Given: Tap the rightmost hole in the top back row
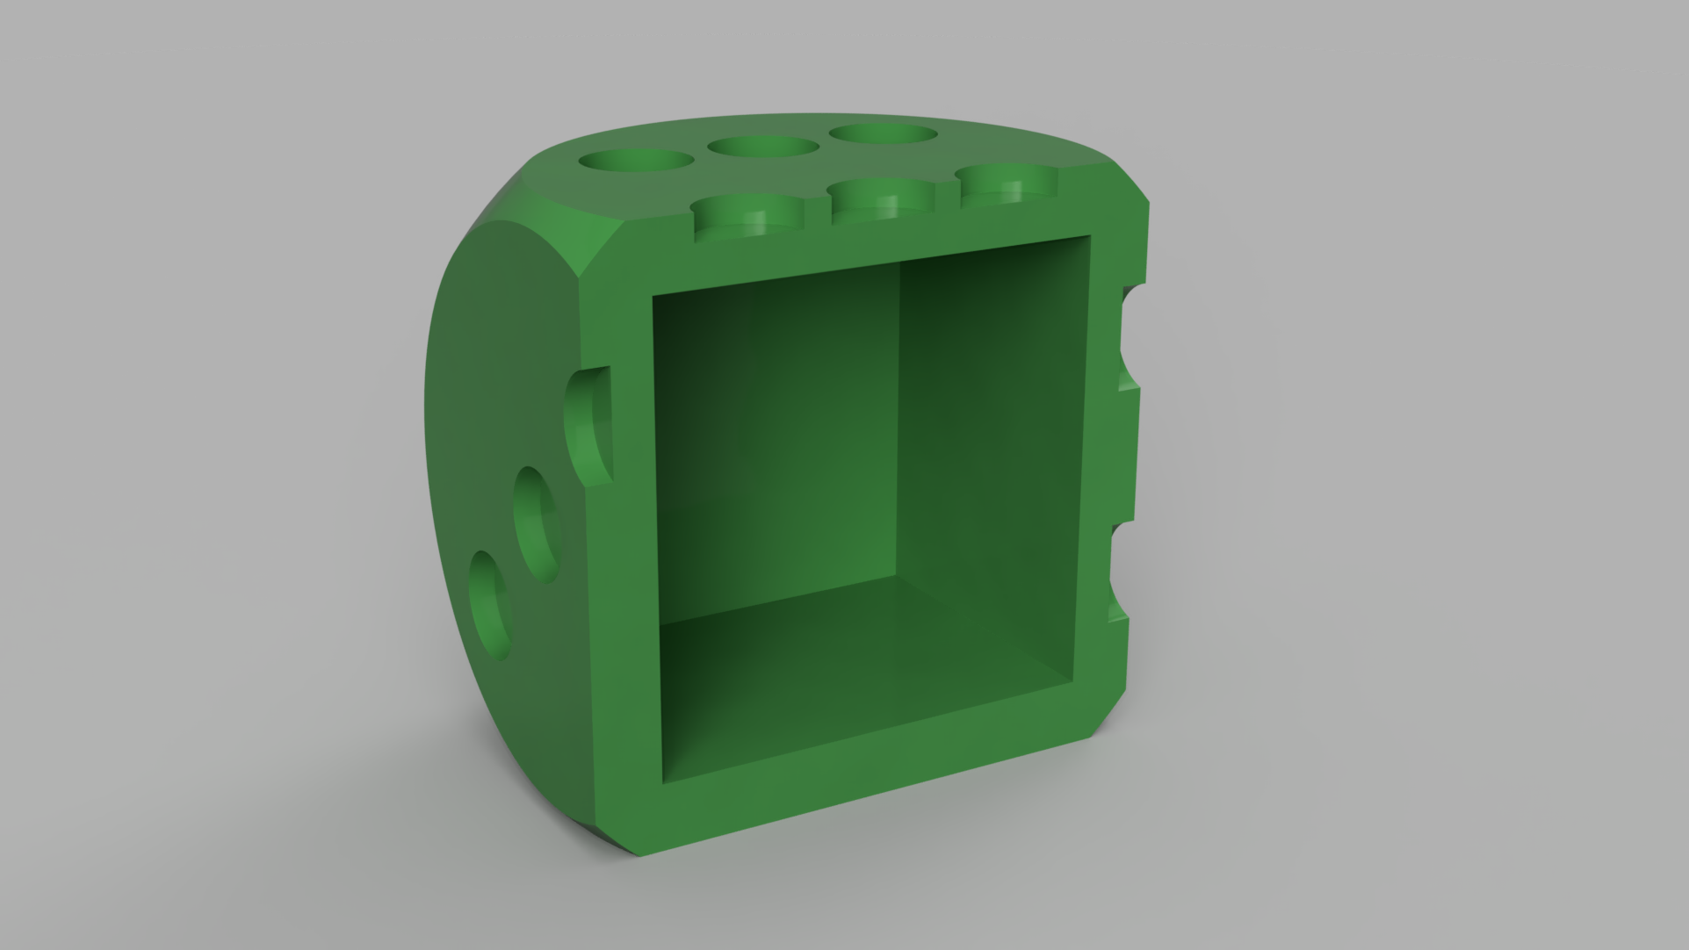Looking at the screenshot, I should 882,134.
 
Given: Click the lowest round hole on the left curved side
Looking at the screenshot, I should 489,606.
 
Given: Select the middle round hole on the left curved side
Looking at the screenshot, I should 536,525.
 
